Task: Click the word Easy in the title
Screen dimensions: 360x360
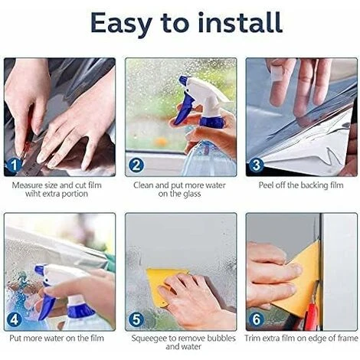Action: [121, 24]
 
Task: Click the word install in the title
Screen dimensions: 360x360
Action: [241, 22]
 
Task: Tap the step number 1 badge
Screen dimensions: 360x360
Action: [14, 165]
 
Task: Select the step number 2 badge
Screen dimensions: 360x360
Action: [136, 165]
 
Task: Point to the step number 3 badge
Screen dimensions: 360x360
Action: [257, 165]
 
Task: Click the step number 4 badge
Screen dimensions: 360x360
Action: [14, 319]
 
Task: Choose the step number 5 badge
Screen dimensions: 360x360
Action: [136, 319]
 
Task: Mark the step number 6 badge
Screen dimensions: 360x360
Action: [257, 319]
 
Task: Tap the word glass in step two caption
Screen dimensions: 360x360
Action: [191, 194]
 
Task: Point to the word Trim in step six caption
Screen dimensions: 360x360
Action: [252, 338]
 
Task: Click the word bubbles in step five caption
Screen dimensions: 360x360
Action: [221, 338]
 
